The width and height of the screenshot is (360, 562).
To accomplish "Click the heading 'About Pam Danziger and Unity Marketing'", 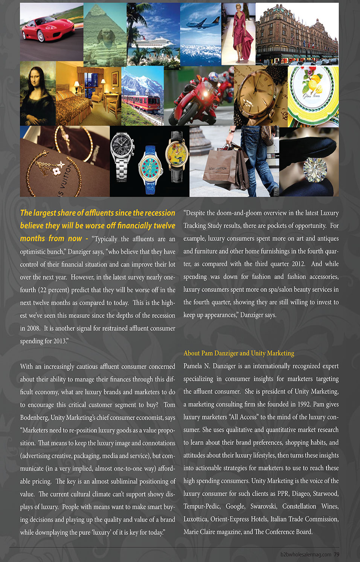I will [x=239, y=353].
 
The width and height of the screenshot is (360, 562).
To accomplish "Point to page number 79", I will [x=336, y=554].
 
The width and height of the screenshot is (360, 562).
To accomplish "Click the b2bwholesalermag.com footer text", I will [x=306, y=554].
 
